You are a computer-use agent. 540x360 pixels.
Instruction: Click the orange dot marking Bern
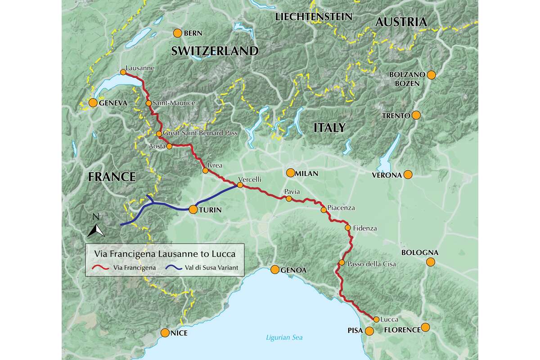tap(177, 33)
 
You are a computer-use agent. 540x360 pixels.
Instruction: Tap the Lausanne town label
tap(140, 68)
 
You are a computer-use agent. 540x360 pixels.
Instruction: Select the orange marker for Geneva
tap(93, 103)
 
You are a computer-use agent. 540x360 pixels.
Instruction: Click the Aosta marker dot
tap(169, 146)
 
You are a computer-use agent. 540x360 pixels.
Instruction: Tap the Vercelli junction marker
tap(240, 185)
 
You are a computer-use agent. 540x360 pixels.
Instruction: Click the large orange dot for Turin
tap(193, 209)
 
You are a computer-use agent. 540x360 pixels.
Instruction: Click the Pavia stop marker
tap(289, 198)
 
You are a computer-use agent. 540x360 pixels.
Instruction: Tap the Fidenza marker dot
tap(347, 228)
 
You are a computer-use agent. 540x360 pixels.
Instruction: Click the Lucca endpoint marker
tap(376, 319)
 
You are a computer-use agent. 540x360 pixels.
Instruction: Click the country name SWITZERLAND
tap(215, 51)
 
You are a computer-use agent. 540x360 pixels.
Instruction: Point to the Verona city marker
tap(408, 175)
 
